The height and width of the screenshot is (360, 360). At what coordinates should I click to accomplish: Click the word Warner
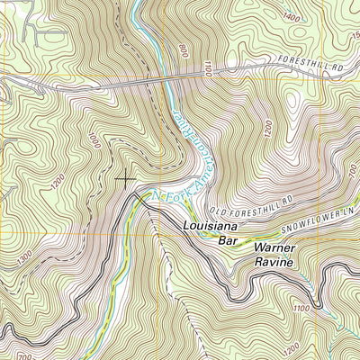pos(274,247)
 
